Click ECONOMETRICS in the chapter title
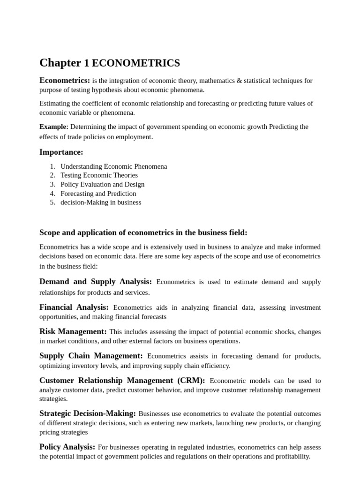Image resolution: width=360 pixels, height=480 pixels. [x=135, y=63]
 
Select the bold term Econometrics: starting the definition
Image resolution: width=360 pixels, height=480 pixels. [x=65, y=80]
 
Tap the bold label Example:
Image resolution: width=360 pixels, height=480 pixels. [x=53, y=127]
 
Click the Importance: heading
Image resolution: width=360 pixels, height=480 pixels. [x=61, y=152]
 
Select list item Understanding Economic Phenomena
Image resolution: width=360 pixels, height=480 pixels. [x=113, y=166]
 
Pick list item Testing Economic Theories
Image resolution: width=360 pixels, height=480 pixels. [x=99, y=175]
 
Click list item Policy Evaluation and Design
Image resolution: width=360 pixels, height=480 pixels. [x=102, y=184]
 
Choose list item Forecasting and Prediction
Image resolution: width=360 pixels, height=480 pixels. [x=98, y=193]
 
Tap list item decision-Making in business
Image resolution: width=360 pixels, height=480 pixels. [x=100, y=202]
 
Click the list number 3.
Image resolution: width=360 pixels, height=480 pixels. [x=52, y=184]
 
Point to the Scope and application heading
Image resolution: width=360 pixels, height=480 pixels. [x=143, y=232]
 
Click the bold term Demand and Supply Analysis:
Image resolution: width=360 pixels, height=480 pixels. [x=96, y=282]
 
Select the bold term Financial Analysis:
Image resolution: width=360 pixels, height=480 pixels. [x=74, y=307]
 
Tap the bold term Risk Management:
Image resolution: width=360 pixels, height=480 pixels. [x=73, y=331]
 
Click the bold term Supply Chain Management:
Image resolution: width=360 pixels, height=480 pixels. [x=91, y=356]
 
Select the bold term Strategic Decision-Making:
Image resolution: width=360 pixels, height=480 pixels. [x=88, y=413]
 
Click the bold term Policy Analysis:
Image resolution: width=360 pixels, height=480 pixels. [x=67, y=447]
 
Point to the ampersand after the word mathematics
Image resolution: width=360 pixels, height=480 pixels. [x=240, y=81]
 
